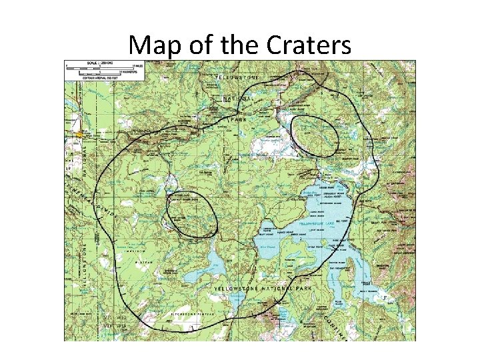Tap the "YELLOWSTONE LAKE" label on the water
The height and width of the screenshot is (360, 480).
(x=319, y=225)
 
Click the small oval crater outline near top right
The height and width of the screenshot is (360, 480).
(x=315, y=135)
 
